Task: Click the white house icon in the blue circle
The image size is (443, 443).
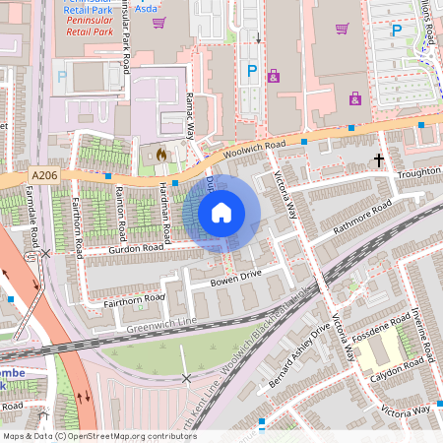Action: point(221,213)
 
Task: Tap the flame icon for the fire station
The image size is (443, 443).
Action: point(162,155)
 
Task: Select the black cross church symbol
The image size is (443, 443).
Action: point(378,158)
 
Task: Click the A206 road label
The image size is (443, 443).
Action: point(44,175)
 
